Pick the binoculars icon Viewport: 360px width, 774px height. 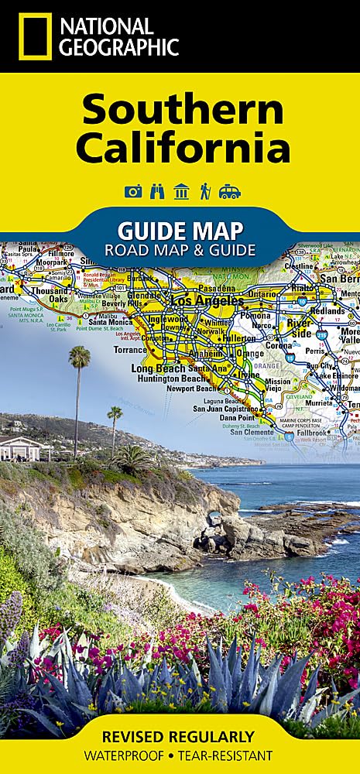tap(156, 192)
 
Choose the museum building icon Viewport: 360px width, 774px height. tap(181, 192)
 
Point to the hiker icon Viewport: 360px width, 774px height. tap(205, 192)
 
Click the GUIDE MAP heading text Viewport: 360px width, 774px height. tap(179, 229)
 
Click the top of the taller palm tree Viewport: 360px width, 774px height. tap(79, 356)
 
